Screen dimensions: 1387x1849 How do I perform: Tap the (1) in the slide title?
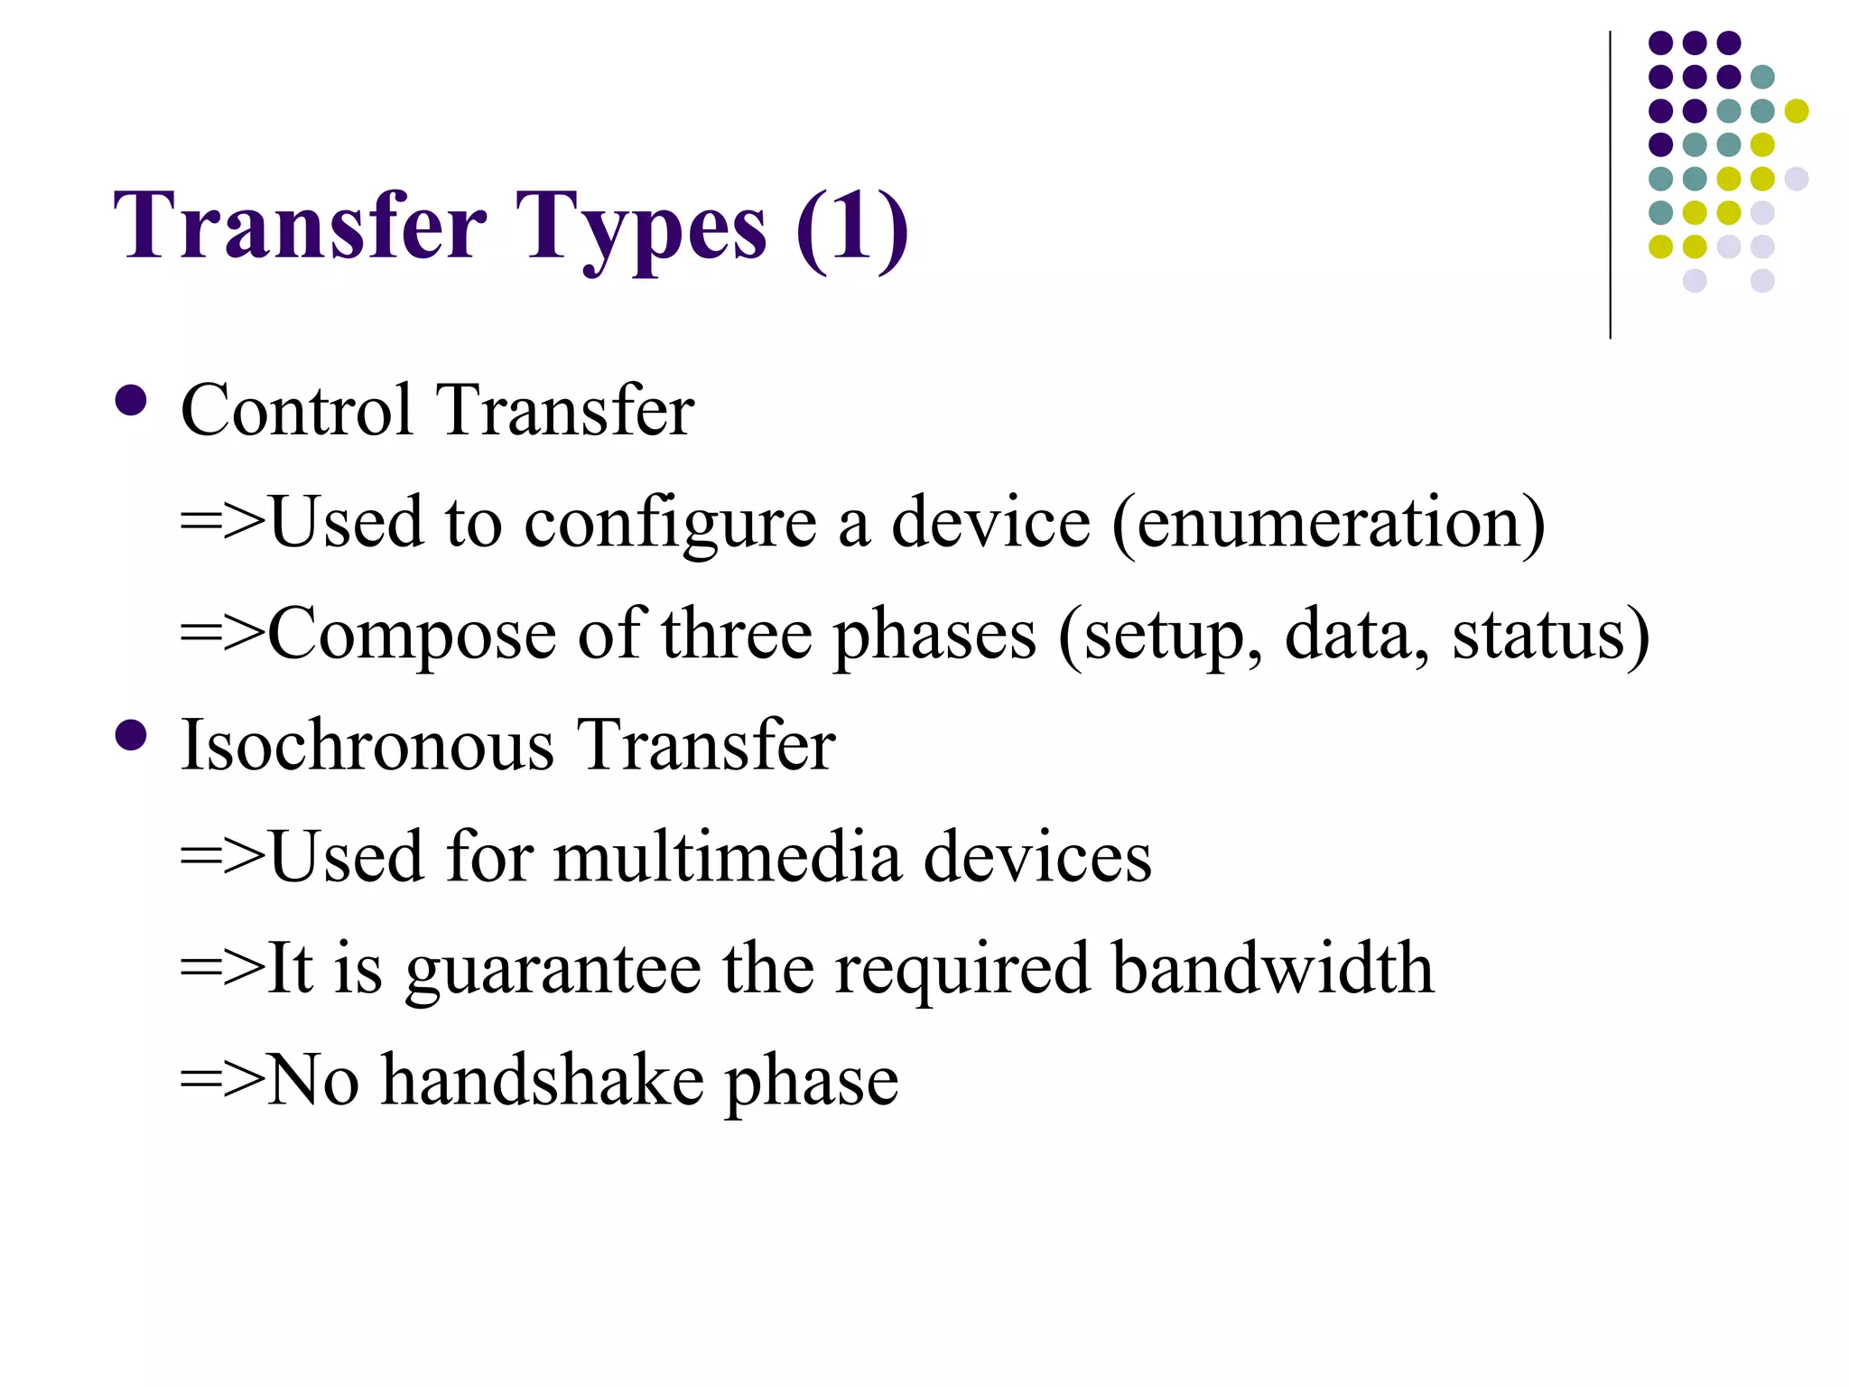click(851, 228)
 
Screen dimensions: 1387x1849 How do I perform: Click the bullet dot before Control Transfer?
click(132, 400)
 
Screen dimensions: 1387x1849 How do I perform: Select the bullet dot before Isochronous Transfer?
click(132, 735)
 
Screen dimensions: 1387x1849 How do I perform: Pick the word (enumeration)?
click(1328, 524)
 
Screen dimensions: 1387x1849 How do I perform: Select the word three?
click(737, 635)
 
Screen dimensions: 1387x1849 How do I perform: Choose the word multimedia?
click(728, 857)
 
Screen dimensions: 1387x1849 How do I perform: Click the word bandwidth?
click(1272, 969)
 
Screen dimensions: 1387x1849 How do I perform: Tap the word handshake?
click(543, 1081)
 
